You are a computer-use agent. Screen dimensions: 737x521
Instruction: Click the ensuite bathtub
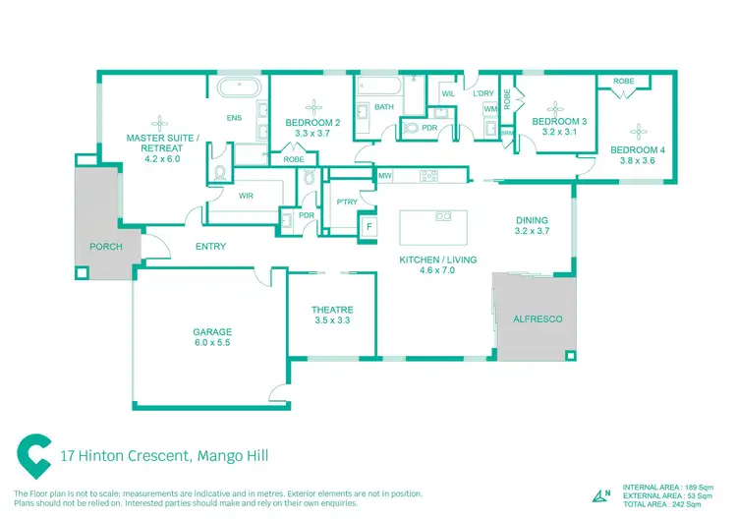point(239,87)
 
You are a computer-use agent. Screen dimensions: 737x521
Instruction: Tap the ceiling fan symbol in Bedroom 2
point(313,108)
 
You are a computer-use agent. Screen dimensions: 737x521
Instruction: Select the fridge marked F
point(369,227)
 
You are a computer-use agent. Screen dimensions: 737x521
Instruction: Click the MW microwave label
point(385,176)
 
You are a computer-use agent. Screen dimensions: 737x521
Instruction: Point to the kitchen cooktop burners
point(428,176)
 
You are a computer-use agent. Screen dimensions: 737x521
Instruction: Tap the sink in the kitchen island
point(443,216)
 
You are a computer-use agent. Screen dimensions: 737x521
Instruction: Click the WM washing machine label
point(490,109)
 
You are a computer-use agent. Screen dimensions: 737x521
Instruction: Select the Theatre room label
point(332,310)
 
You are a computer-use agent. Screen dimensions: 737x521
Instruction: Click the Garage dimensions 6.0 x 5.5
point(212,343)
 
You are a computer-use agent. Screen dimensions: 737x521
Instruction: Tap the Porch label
point(106,247)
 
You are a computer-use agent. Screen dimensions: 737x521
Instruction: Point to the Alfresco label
point(538,319)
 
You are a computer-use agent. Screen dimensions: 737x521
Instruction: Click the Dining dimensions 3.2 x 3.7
point(532,231)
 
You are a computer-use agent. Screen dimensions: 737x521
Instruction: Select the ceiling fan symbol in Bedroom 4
point(638,132)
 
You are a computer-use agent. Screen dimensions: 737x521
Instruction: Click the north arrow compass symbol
point(601,496)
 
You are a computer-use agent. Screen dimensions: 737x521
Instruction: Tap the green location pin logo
point(33,456)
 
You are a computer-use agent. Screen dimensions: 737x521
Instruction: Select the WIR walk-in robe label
point(246,196)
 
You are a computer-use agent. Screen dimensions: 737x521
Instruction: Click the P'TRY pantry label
point(347,202)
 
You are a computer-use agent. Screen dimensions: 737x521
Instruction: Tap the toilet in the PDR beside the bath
point(411,128)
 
